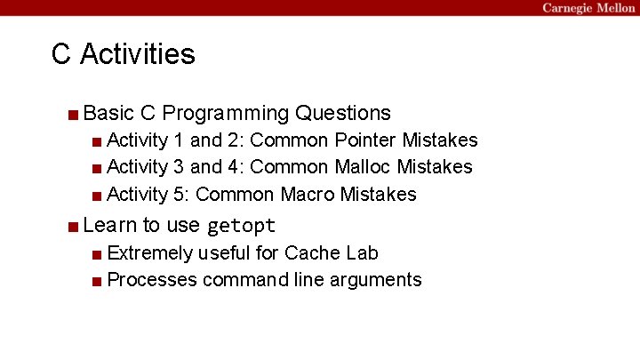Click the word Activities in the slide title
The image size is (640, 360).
[137, 54]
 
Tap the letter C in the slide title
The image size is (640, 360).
[61, 54]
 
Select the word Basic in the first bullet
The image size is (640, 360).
[108, 113]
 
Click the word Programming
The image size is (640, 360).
[227, 114]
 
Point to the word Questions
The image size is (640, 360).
[343, 113]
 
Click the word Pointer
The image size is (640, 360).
[365, 140]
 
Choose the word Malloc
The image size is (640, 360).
[364, 167]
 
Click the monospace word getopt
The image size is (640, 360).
[241, 226]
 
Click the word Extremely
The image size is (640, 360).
[149, 253]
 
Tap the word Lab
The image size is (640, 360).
[361, 253]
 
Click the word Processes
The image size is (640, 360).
[151, 280]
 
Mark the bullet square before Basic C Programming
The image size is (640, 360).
[72, 114]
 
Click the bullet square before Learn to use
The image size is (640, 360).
[72, 226]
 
